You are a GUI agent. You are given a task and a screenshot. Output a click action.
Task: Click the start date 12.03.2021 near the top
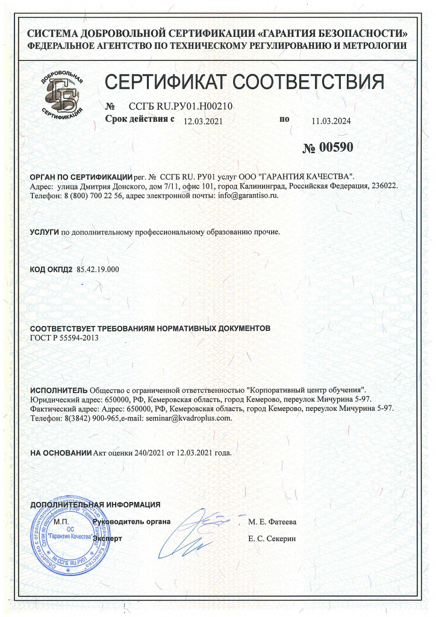[x=204, y=121]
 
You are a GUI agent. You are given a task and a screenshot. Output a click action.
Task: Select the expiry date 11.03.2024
[x=331, y=121]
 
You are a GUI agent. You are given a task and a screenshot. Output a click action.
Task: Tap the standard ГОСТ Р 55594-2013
[x=64, y=338]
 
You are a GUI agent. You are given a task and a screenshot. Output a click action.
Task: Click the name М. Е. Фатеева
[x=272, y=522]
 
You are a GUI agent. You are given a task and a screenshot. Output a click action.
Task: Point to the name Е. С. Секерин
[x=272, y=537]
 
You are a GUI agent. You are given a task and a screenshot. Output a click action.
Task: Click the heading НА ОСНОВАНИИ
[x=61, y=452]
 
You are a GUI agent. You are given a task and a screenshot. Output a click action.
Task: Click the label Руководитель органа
[x=132, y=521]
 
